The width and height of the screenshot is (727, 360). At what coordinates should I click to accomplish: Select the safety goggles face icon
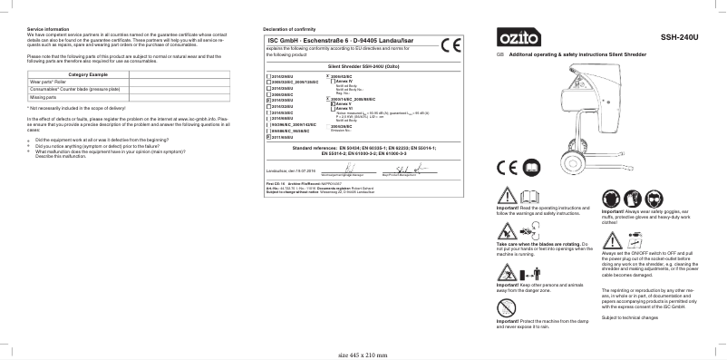click(x=611, y=196)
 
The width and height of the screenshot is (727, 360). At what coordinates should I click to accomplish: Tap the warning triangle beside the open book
click(x=506, y=197)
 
